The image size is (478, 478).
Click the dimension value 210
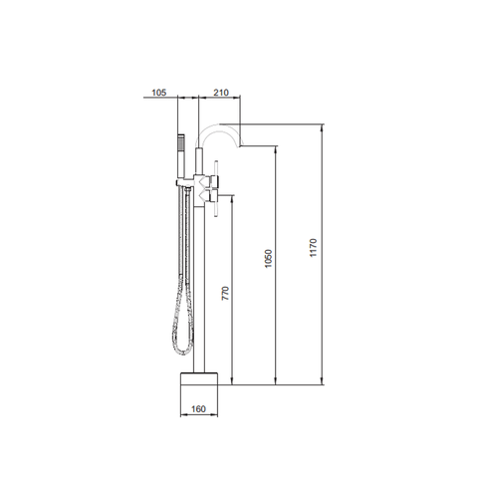coord(221,93)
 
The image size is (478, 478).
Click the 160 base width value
coord(199,407)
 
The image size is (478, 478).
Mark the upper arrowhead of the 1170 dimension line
coord(323,128)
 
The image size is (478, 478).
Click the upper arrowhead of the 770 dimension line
coord(232,186)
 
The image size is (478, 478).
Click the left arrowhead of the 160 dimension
coord(180,415)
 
